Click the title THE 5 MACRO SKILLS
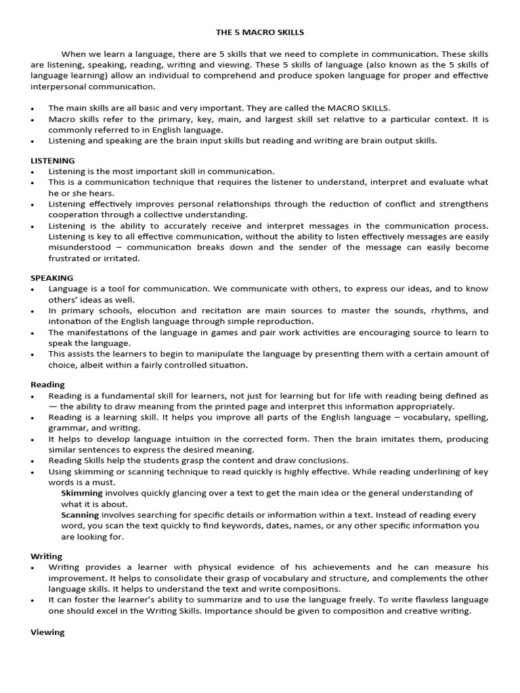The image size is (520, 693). pyautogui.click(x=259, y=32)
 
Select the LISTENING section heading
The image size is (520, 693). pyautogui.click(x=53, y=160)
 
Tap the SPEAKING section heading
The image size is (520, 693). pyautogui.click(x=52, y=277)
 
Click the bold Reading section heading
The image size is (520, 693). pyautogui.click(x=47, y=384)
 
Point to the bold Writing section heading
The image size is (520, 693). pyautogui.click(x=47, y=556)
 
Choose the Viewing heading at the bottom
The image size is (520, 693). pyautogui.click(x=47, y=632)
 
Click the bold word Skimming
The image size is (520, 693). pyautogui.click(x=82, y=493)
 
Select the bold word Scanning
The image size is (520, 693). pyautogui.click(x=81, y=514)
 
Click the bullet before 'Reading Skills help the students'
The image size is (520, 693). pyautogui.click(x=32, y=460)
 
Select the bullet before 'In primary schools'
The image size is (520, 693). pyautogui.click(x=32, y=311)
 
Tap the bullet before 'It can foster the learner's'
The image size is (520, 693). pyautogui.click(x=32, y=600)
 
